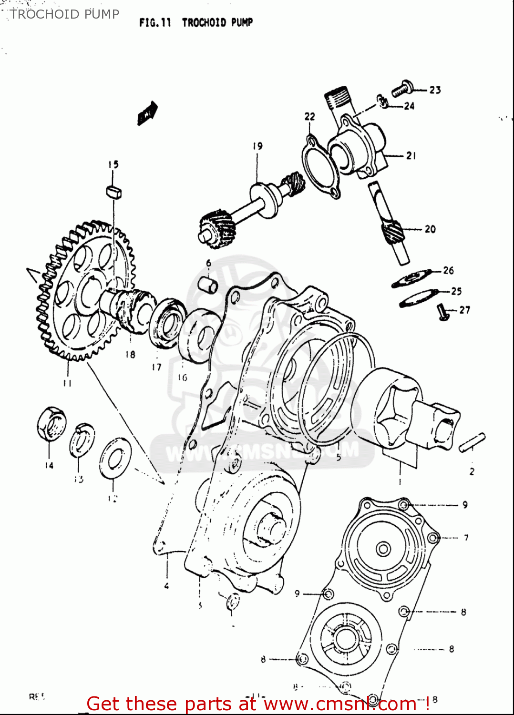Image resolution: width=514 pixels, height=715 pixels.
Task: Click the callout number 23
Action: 435,90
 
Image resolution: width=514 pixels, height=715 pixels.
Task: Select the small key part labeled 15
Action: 113,192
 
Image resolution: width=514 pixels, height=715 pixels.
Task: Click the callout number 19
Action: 257,146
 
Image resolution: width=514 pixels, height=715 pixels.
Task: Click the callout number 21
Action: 411,155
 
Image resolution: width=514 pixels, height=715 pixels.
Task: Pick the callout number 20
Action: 430,229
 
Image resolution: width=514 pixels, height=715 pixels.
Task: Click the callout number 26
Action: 448,271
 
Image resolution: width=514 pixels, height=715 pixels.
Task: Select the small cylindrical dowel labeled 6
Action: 208,284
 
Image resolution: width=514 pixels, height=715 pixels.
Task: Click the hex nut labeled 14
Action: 51,423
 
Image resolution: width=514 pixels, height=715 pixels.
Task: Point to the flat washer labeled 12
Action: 115,458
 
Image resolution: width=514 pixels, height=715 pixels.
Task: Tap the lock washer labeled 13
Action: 82,439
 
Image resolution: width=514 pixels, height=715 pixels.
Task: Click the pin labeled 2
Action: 472,442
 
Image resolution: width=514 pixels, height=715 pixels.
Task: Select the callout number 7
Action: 466,538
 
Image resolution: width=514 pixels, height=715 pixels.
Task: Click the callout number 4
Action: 166,586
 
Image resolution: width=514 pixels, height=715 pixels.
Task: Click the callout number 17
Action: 156,367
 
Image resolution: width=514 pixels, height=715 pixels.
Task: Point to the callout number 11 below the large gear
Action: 67,383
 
